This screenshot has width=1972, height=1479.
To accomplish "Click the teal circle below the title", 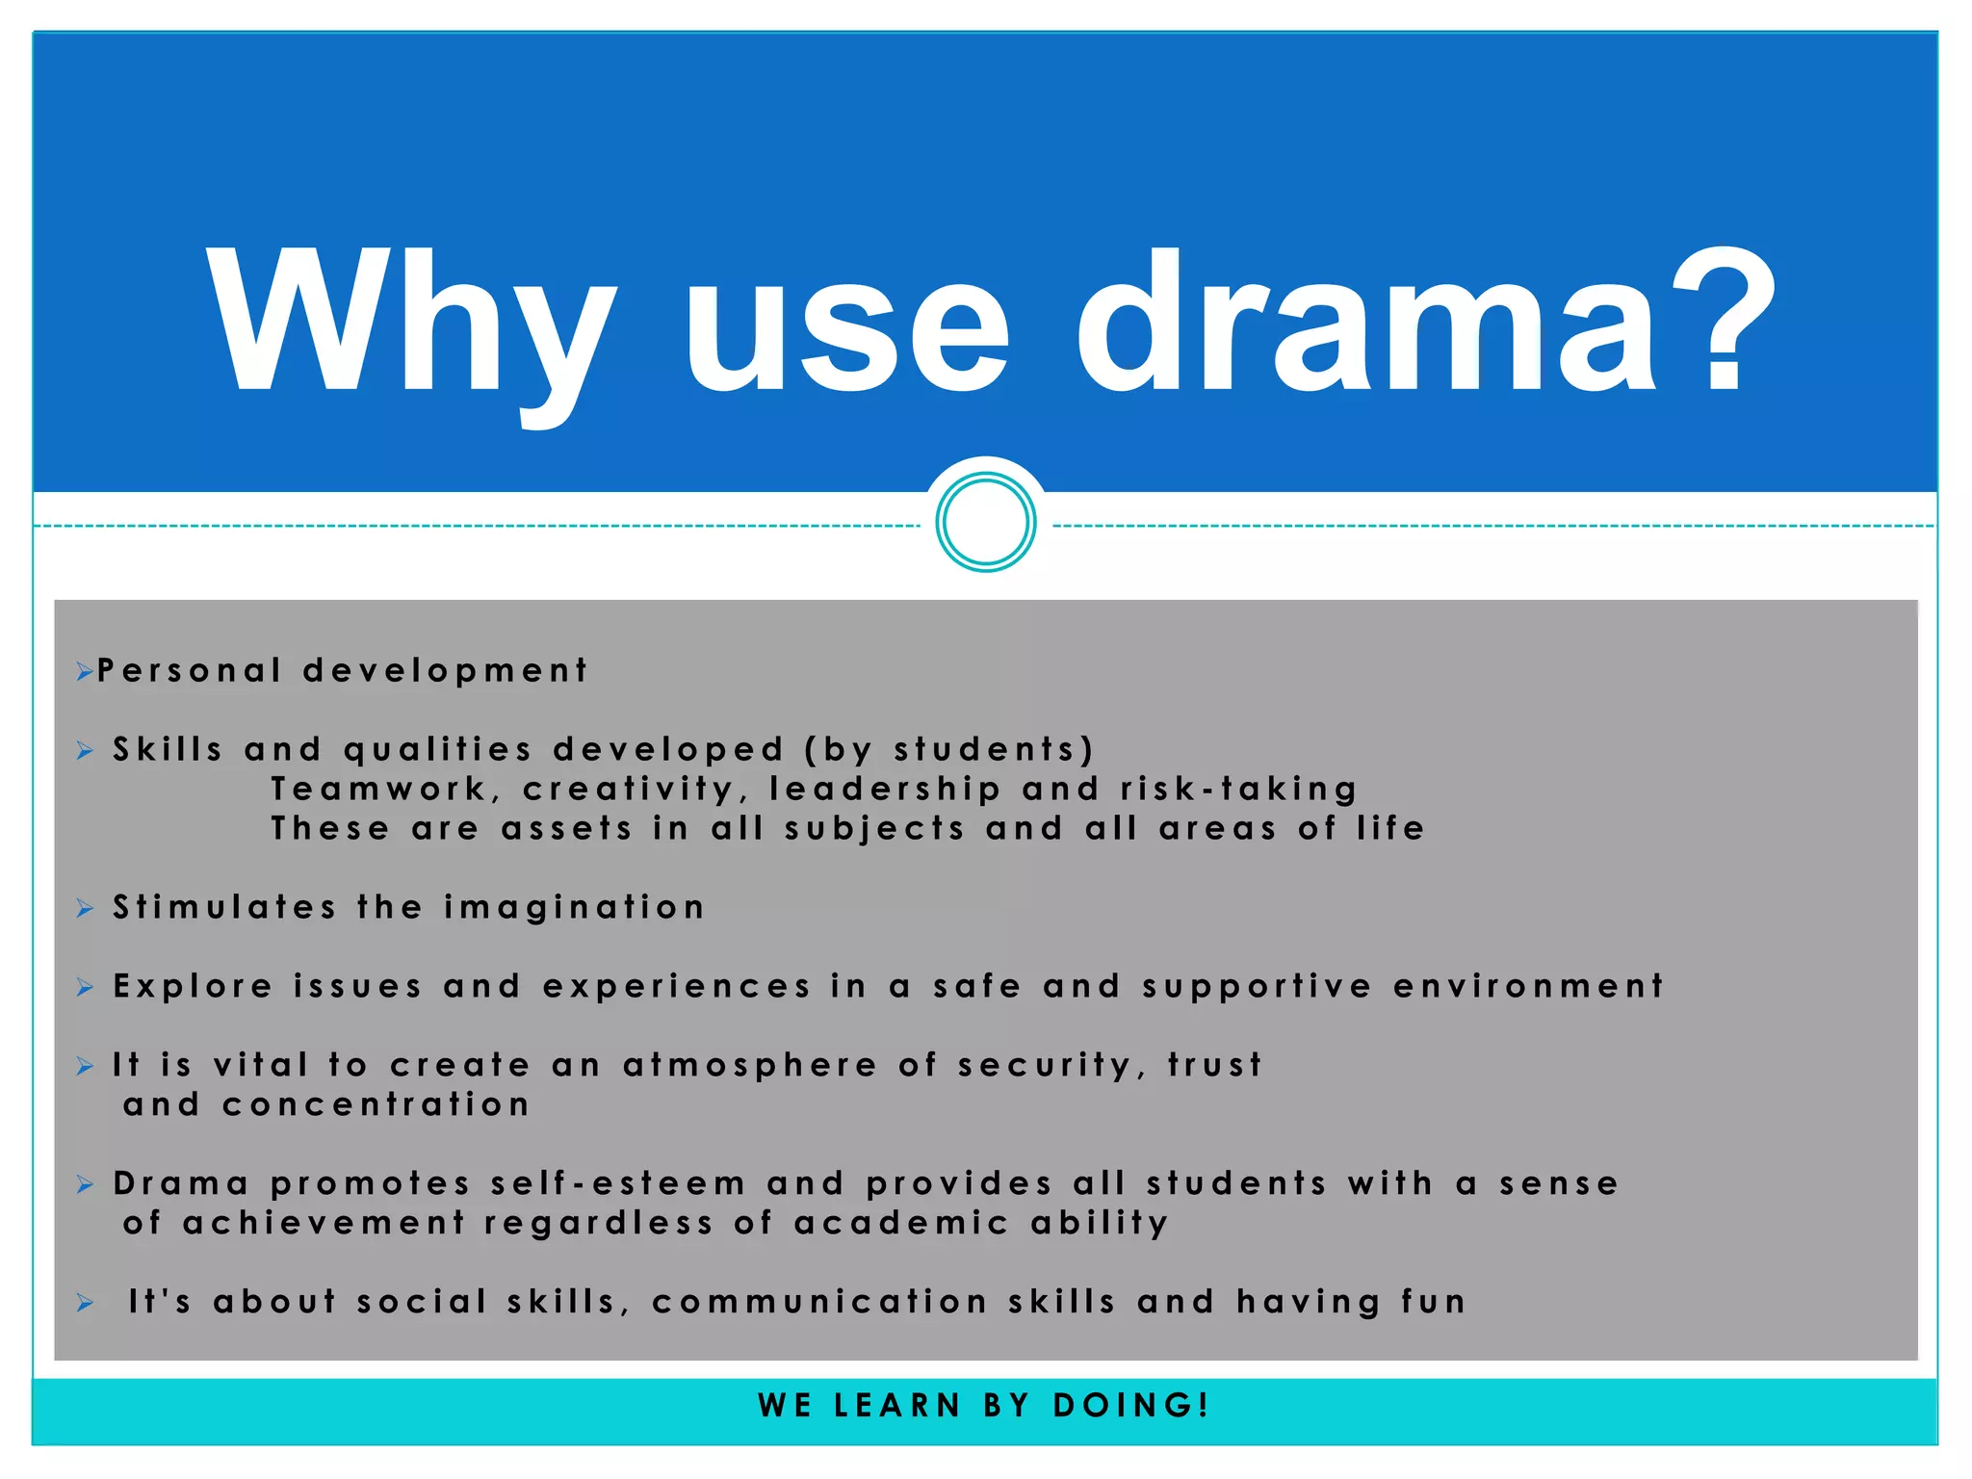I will [x=986, y=523].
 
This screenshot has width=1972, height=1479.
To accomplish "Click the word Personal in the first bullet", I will [x=190, y=670].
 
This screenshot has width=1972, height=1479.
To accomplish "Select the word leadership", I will [x=886, y=789].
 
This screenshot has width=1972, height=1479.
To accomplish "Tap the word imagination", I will [x=575, y=907].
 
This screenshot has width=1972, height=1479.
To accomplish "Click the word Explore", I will [x=194, y=986].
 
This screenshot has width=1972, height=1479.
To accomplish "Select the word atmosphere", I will [x=750, y=1065].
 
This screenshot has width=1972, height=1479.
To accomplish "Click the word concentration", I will [x=376, y=1104].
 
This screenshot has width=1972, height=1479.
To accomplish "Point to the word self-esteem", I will [x=618, y=1183].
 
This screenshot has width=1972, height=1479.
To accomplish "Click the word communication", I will [x=819, y=1302].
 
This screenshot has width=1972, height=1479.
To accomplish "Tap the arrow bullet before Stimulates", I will [x=86, y=908].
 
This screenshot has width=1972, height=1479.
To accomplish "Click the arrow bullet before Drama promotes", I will [x=86, y=1184].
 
